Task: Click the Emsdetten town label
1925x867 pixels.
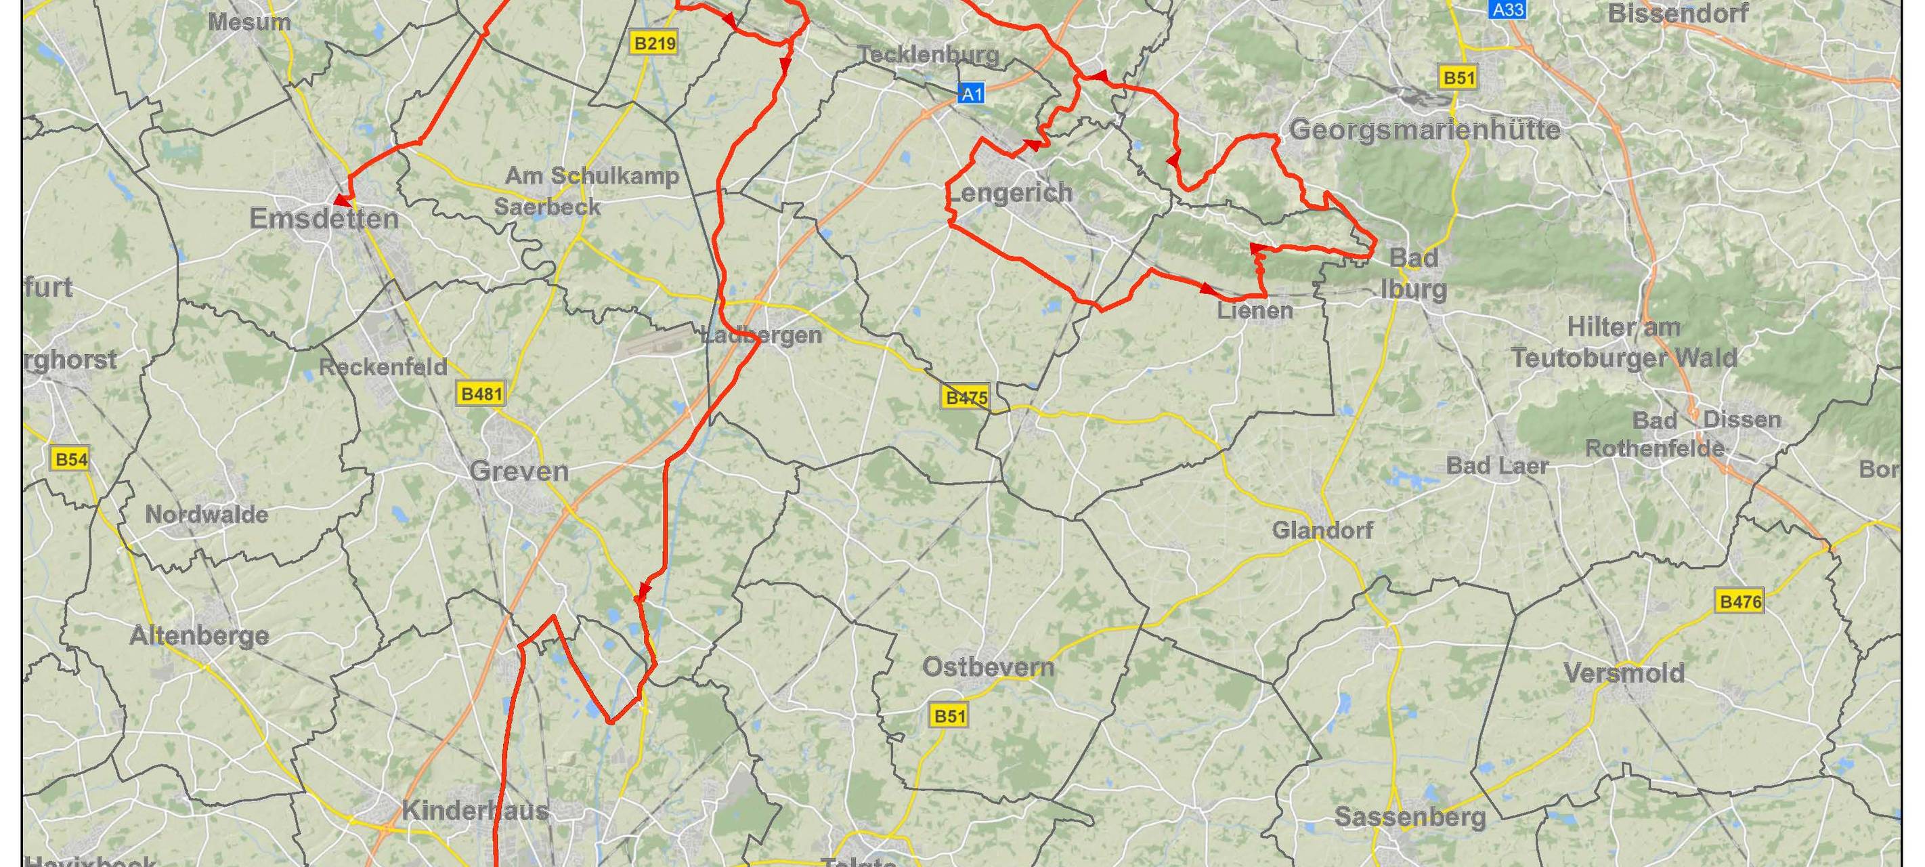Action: (x=324, y=219)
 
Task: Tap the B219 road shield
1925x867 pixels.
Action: (x=655, y=43)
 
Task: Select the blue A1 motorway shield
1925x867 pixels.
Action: (x=971, y=93)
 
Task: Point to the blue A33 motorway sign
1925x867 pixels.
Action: (x=1507, y=9)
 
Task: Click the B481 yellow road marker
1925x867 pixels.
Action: (x=481, y=393)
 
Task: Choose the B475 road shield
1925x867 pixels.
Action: (x=966, y=398)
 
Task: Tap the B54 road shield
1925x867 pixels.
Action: (x=71, y=459)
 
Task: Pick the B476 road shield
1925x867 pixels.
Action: (x=1740, y=601)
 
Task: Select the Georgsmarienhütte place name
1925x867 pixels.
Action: (x=1425, y=130)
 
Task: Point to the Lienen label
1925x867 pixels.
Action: (x=1255, y=310)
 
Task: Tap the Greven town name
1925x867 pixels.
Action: (x=519, y=471)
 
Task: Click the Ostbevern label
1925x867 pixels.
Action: (x=988, y=667)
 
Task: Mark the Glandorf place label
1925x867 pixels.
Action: (x=1322, y=530)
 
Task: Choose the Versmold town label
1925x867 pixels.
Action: (x=1624, y=673)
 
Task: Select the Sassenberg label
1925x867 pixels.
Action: (x=1410, y=817)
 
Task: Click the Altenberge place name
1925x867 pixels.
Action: (x=199, y=635)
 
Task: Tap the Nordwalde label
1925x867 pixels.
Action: (x=207, y=514)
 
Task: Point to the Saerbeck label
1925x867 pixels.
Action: (x=547, y=207)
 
